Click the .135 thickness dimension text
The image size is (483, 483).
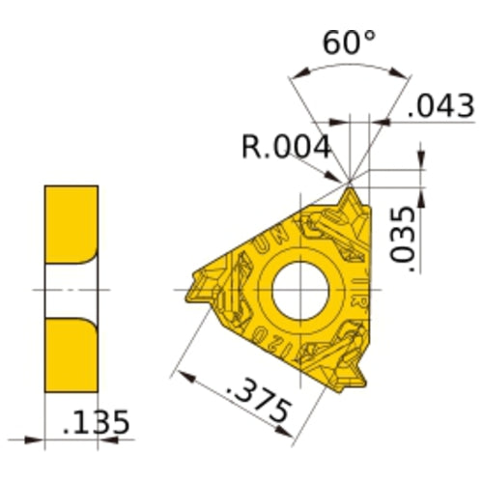[96, 423]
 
